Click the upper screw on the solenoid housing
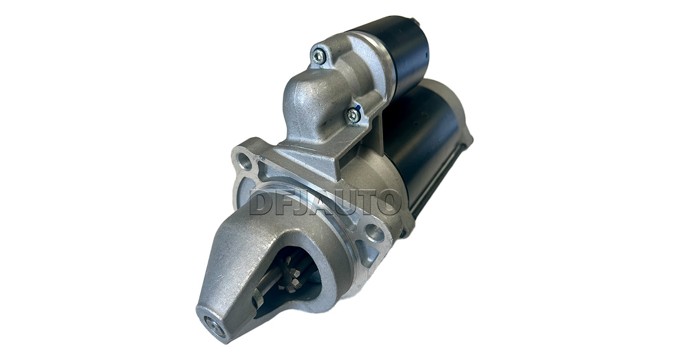318,56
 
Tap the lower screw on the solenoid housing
353,115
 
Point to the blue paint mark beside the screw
357,107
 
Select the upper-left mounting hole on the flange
245,161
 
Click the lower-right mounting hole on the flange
373,233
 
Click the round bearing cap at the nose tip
214,326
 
